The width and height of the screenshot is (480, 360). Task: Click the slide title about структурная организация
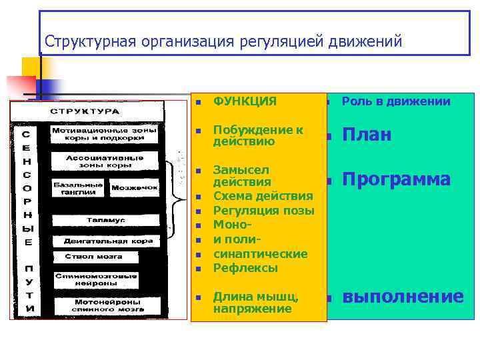pos(223,42)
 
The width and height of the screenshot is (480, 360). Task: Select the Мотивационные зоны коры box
pos(104,134)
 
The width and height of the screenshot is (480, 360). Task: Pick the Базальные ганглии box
pos(79,188)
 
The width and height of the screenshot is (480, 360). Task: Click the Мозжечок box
pos(134,188)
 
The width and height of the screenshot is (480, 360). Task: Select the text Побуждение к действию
pos(257,135)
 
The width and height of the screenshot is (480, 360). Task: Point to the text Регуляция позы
pos(263,211)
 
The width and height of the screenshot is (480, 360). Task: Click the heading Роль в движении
pos(395,101)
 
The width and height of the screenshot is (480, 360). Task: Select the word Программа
pos(396,179)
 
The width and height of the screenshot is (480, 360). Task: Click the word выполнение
pos(403,297)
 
